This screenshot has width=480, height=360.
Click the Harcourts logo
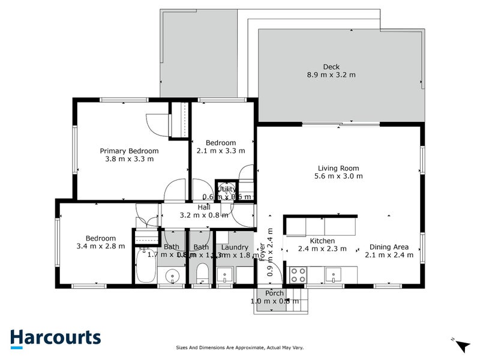pos(55,338)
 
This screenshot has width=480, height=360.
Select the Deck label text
pos(331,67)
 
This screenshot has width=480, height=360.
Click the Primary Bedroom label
pos(129,151)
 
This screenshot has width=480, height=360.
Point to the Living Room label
pos(338,169)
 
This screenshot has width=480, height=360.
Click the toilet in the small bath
pos(202,275)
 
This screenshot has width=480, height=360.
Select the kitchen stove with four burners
pos(298,274)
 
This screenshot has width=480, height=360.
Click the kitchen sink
pos(333,275)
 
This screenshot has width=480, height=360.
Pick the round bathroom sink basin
pos(173,277)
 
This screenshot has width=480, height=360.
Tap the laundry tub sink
pos(226,275)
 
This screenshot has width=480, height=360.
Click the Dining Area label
pos(389,247)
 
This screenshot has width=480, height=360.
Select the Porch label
pos(275,293)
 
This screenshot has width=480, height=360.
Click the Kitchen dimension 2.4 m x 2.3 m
pos(322,249)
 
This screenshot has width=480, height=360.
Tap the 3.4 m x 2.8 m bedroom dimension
pos(101,246)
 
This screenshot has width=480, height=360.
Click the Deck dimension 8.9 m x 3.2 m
pos(331,75)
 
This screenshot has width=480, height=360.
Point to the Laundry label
pos(235,247)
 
